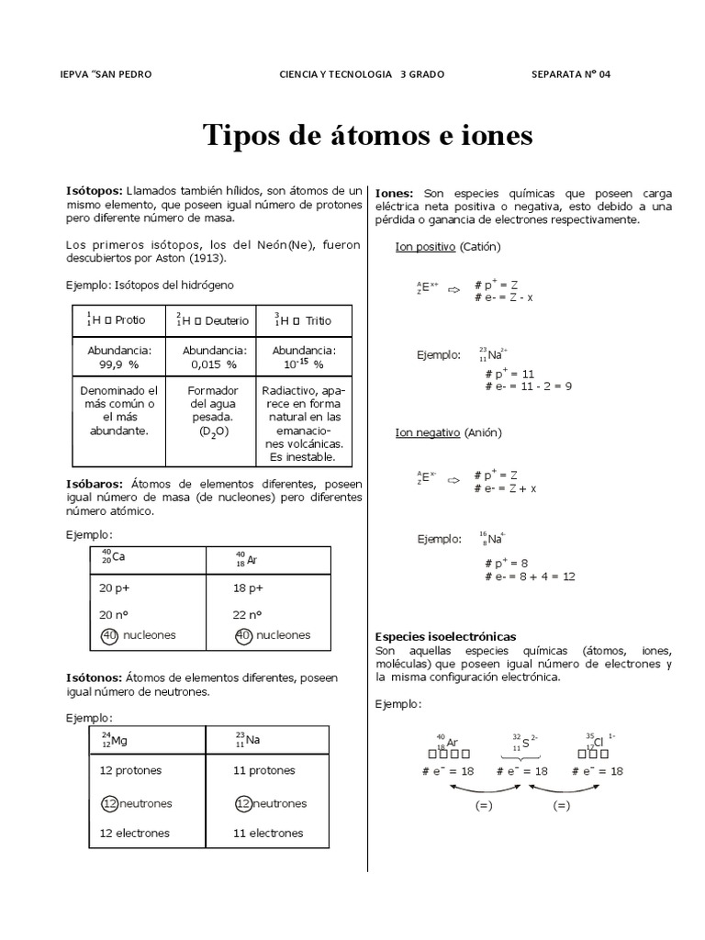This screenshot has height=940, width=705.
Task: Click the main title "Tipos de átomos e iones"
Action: coord(366,136)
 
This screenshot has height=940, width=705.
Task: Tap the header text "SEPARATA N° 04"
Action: coord(569,74)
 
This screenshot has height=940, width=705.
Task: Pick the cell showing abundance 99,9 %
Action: coord(119,357)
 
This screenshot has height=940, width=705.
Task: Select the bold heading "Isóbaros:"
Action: coord(95,484)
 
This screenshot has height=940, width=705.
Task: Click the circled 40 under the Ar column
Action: coord(244,635)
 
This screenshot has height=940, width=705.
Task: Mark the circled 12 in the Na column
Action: coord(243,803)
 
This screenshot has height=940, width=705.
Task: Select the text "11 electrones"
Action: coord(268,833)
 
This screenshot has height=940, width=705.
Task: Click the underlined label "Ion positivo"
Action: coord(425,246)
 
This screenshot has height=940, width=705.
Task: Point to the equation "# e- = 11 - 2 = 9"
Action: coord(527,386)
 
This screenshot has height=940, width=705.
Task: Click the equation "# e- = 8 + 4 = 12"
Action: coord(530,576)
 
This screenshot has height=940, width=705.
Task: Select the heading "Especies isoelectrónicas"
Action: coord(446,636)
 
